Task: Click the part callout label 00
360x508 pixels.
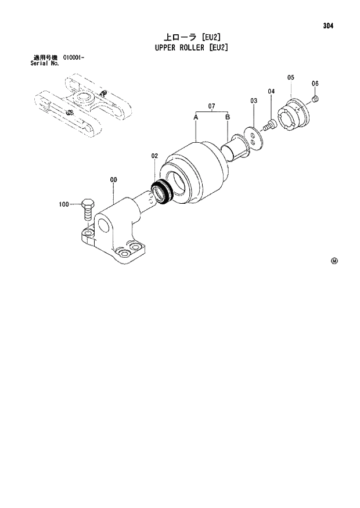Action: [x=113, y=180]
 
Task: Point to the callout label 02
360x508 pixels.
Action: [x=155, y=156]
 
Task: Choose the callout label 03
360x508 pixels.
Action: [x=254, y=101]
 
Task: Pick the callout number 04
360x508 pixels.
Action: [x=271, y=92]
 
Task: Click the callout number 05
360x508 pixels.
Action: [x=291, y=77]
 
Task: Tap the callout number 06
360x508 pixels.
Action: [x=315, y=84]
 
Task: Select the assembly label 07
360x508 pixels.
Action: [x=212, y=106]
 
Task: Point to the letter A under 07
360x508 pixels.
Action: [x=196, y=117]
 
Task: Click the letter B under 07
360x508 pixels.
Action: [x=228, y=117]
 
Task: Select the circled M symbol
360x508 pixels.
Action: [x=334, y=261]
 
